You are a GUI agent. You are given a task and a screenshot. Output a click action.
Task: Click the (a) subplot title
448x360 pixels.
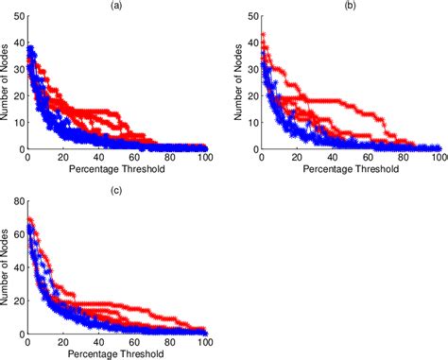[115, 7]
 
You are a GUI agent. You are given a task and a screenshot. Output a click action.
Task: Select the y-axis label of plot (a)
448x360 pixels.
[7, 80]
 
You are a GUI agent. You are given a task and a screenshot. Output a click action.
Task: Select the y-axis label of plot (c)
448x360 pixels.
[7, 266]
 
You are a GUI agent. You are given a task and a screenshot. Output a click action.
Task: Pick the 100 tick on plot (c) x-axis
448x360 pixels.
[205, 343]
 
